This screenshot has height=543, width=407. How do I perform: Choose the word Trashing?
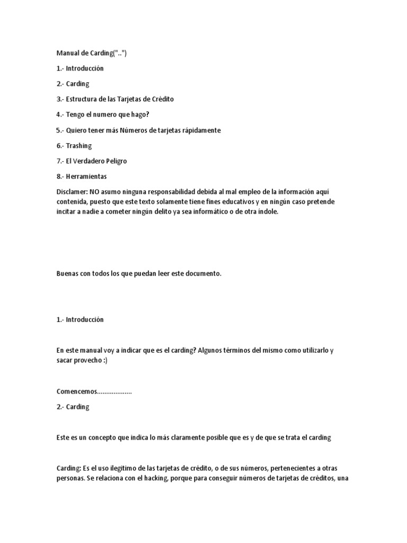pos(79,145)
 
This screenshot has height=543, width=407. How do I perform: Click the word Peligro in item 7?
pos(115,161)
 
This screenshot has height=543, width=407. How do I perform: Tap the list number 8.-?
pos(60,176)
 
